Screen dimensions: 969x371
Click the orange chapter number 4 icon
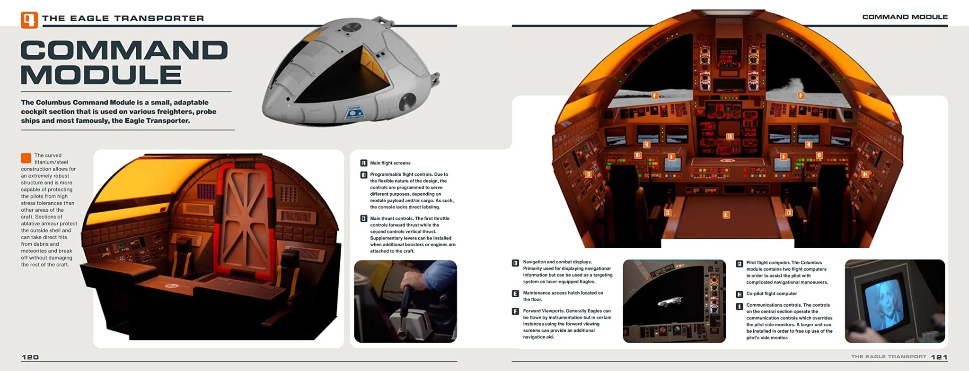coord(29,20)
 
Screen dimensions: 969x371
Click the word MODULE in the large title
coord(101,75)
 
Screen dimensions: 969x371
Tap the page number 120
coord(30,357)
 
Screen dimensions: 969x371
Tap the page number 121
coord(939,357)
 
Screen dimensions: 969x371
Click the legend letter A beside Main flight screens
coord(364,163)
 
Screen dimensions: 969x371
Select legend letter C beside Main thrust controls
coord(364,218)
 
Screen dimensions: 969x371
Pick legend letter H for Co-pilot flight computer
coord(740,294)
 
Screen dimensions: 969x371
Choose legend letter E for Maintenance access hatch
coord(516,293)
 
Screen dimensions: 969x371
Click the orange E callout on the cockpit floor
coord(726,215)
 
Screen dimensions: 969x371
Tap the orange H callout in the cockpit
coord(865,174)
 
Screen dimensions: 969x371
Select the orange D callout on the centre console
coord(730,137)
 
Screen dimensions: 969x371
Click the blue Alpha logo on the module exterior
coord(355,113)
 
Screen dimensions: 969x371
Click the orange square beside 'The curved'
coord(26,158)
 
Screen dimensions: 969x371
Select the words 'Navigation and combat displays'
coord(557,262)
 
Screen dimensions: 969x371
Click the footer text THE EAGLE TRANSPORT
coord(889,357)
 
